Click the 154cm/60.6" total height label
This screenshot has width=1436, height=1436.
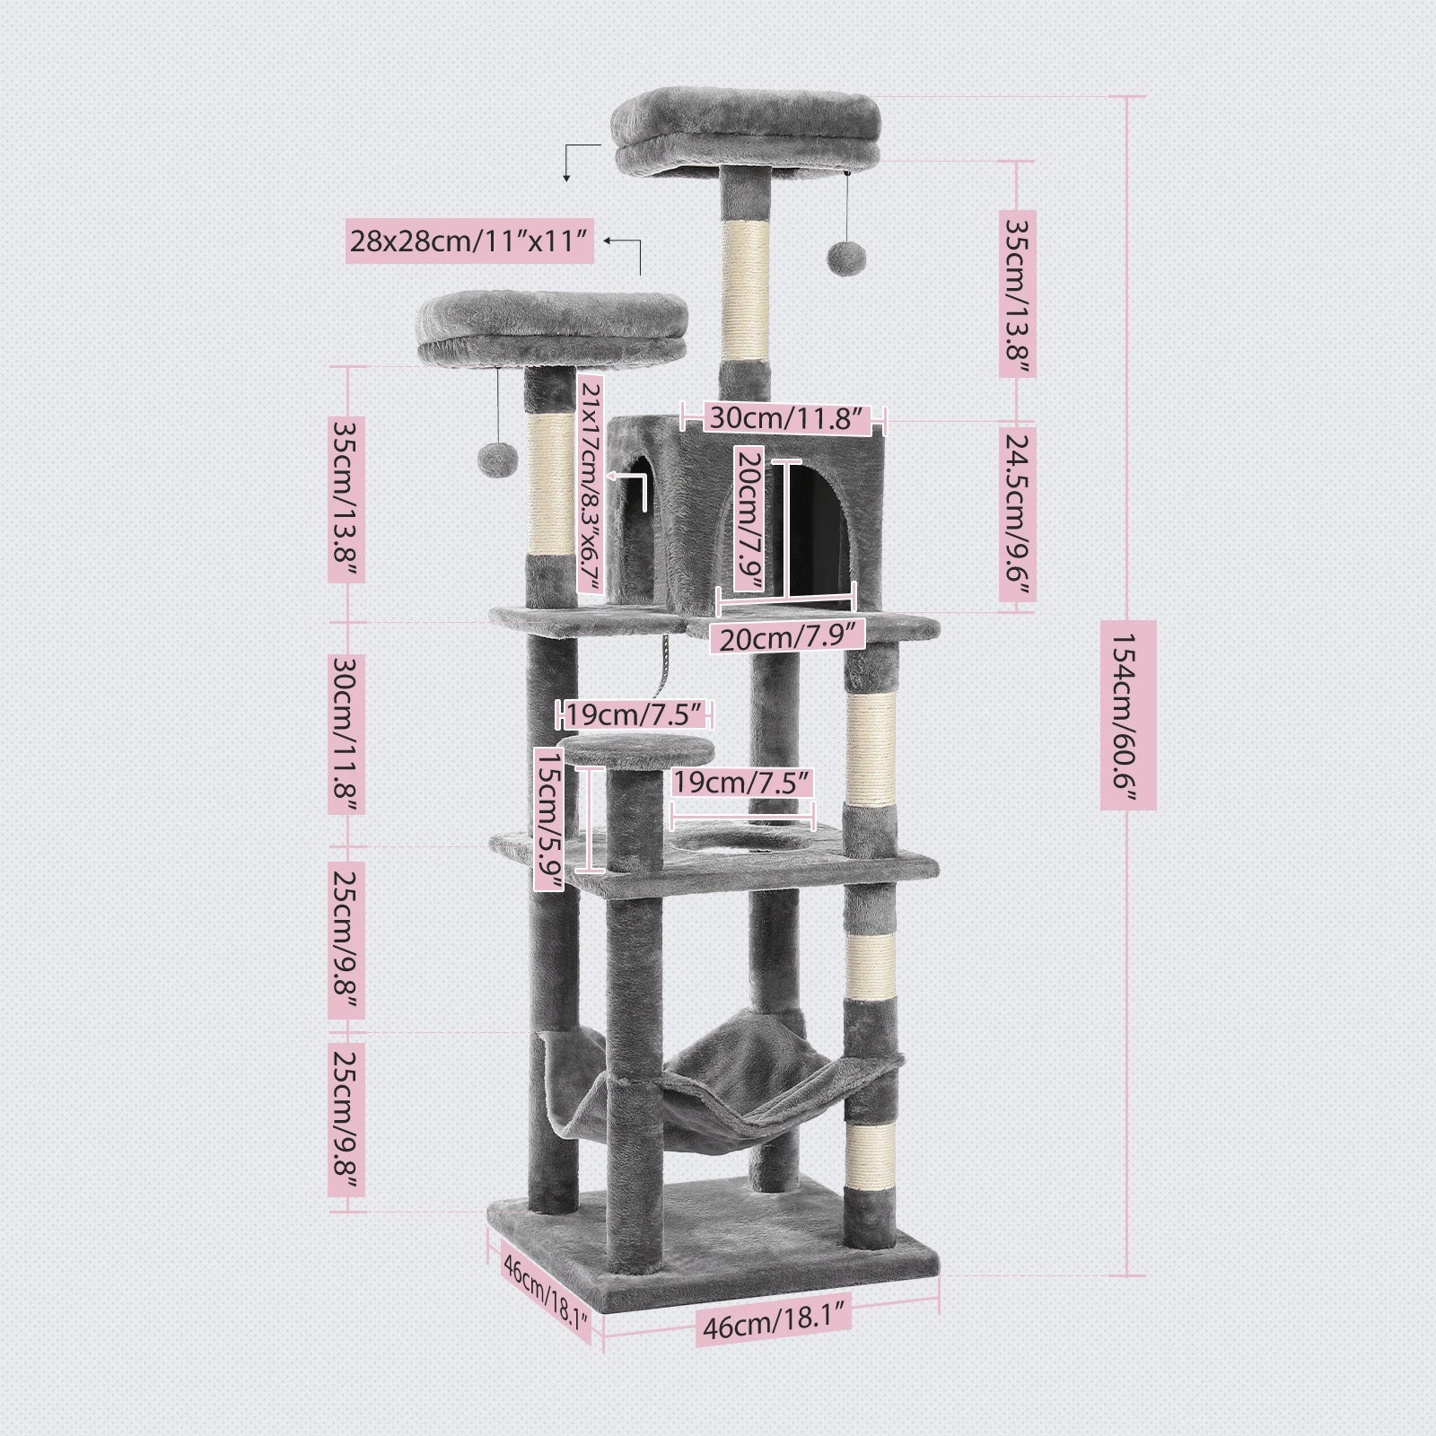tap(1128, 714)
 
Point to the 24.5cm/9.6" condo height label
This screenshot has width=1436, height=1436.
tap(1018, 516)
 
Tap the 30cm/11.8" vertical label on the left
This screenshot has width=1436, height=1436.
tap(346, 734)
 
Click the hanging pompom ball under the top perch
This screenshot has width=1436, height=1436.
tap(843, 258)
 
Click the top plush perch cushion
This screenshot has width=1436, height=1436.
tap(745, 135)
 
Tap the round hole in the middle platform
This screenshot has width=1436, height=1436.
tap(738, 842)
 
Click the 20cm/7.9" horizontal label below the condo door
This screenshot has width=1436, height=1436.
tap(787, 637)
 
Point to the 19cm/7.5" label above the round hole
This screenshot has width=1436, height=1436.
tap(742, 783)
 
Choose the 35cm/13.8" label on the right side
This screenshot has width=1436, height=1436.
tap(1018, 293)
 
